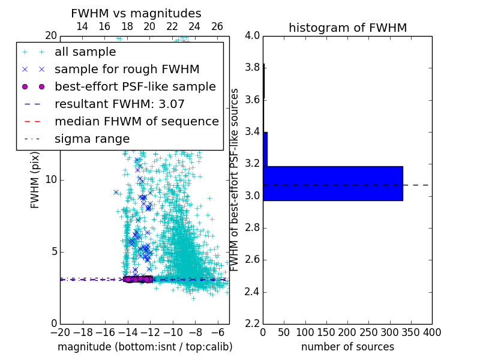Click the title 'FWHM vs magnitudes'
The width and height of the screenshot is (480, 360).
(136, 13)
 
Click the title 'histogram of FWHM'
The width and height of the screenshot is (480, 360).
(347, 28)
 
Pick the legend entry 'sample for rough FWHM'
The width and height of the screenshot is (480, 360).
(127, 70)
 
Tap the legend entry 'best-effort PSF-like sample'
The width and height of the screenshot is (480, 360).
(135, 86)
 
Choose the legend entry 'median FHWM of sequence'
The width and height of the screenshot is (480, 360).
(136, 121)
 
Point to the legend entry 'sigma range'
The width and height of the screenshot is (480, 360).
(92, 139)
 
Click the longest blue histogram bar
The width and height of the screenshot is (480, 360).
(332, 183)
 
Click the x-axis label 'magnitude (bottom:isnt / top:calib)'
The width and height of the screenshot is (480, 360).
(145, 347)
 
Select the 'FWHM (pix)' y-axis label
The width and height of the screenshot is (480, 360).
(35, 179)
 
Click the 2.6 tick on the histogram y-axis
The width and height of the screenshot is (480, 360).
(252, 260)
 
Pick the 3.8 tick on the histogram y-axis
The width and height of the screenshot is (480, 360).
(252, 67)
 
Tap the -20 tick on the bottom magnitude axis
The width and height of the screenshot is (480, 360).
(60, 332)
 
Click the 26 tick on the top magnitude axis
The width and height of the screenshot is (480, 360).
(217, 26)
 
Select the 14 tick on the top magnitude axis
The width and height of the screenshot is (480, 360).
(82, 26)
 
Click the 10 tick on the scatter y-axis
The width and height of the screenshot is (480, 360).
(50, 180)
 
